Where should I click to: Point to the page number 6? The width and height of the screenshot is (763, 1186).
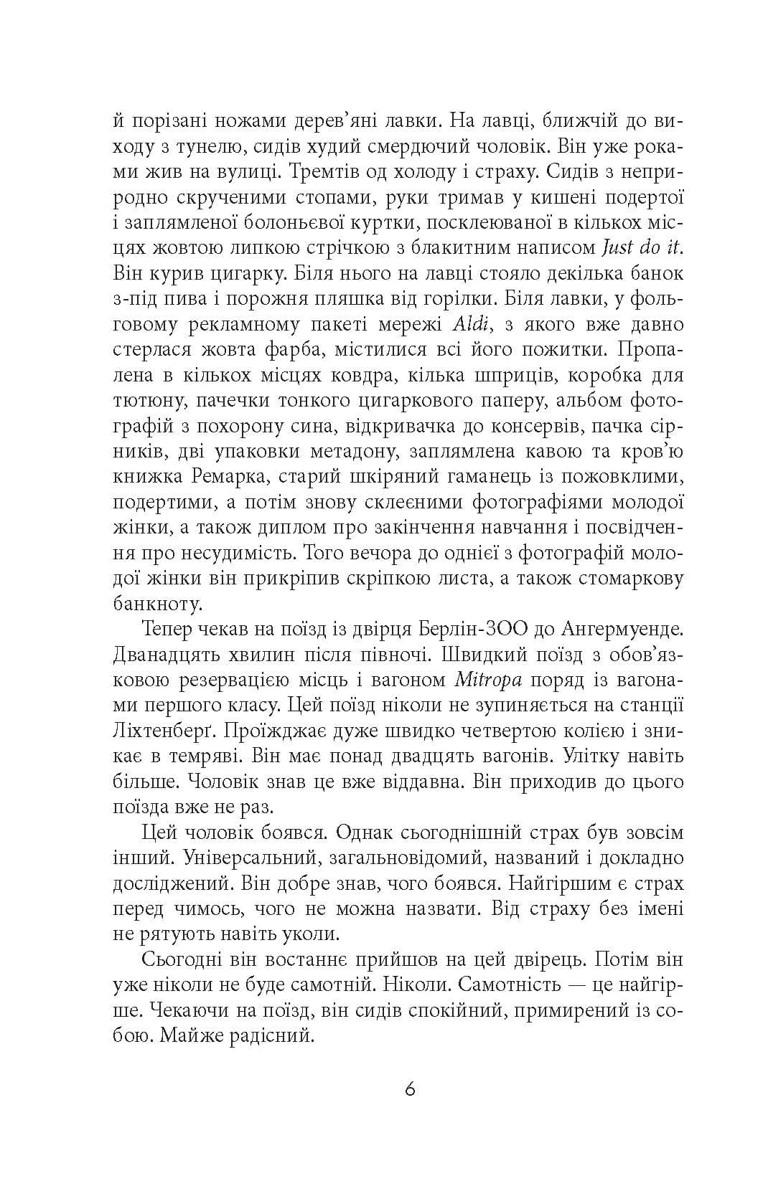pos(410,1089)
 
